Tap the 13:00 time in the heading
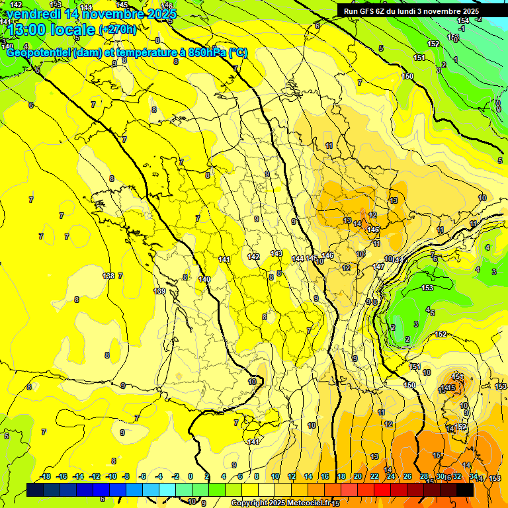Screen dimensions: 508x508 (26, 29)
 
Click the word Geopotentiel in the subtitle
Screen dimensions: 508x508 (38, 52)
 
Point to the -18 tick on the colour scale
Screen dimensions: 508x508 (45, 476)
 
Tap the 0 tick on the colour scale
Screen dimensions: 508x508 (190, 476)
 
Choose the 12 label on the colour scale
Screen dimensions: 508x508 (292, 476)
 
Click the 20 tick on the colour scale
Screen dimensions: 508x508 (357, 476)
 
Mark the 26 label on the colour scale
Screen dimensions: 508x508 (407, 476)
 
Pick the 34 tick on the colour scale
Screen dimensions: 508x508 (473, 476)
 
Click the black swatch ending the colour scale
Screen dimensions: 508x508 (464, 489)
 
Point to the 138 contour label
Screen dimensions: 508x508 (108, 276)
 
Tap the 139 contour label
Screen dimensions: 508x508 (159, 291)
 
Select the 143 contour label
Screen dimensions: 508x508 (276, 253)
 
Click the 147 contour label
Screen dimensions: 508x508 (378, 267)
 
